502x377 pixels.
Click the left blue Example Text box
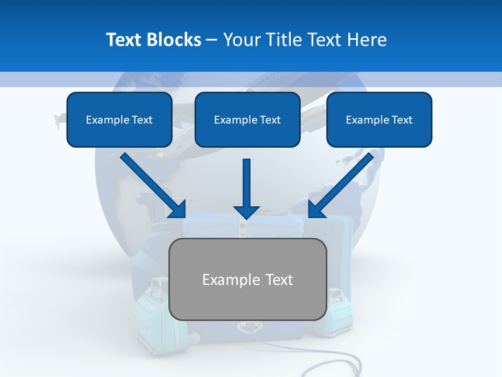pyautogui.click(x=119, y=119)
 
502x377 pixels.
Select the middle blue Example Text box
pyautogui.click(x=247, y=119)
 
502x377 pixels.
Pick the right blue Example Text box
pyautogui.click(x=379, y=119)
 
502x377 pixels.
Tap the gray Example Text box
pyautogui.click(x=248, y=279)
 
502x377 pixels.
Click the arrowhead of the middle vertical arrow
pyautogui.click(x=247, y=212)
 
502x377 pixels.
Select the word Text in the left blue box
pyautogui.click(x=142, y=120)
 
